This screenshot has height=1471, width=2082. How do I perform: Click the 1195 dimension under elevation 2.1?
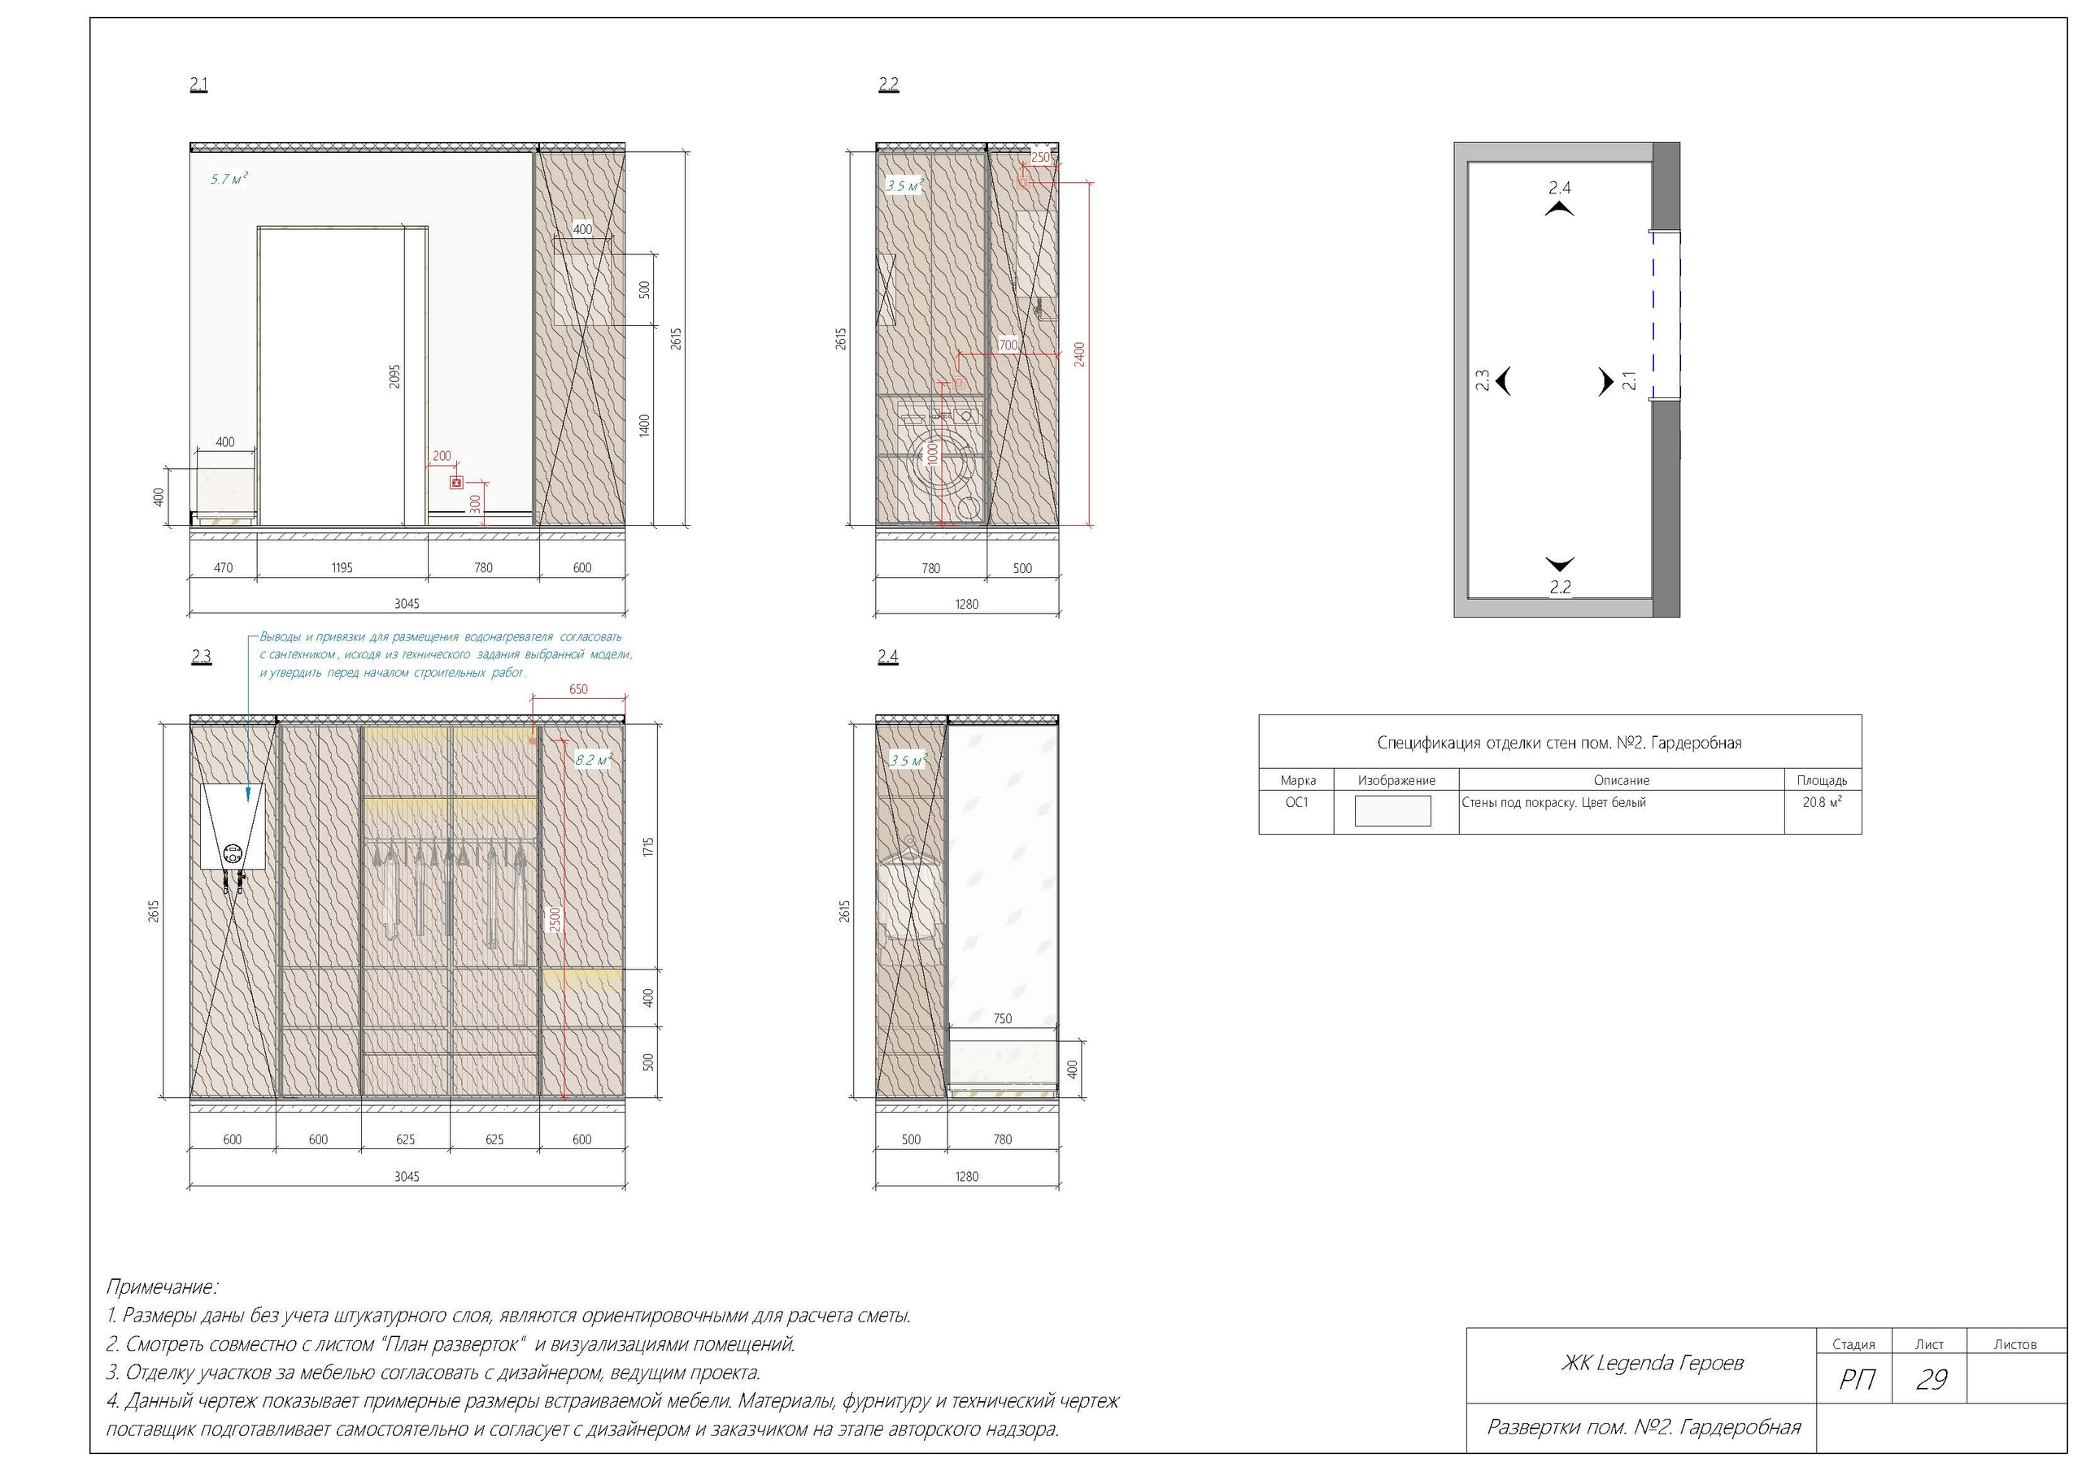point(342,568)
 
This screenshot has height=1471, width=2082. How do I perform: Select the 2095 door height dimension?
point(394,376)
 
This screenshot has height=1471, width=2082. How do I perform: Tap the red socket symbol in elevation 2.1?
point(457,483)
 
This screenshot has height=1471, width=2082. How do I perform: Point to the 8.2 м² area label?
point(594,760)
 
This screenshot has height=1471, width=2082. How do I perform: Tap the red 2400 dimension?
point(1079,354)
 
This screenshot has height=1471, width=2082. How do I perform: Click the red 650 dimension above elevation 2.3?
point(578,690)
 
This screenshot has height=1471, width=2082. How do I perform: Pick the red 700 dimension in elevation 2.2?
point(1008,345)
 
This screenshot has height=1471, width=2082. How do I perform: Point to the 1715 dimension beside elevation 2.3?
point(648,848)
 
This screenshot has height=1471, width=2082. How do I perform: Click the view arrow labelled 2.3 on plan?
point(1503,380)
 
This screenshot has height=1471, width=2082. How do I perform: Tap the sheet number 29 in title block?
point(1932,1379)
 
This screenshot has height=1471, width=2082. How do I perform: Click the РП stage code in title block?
point(1856,1379)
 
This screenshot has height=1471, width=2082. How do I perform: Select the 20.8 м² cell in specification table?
point(1822,802)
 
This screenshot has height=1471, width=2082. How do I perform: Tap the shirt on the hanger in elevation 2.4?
point(910,892)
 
